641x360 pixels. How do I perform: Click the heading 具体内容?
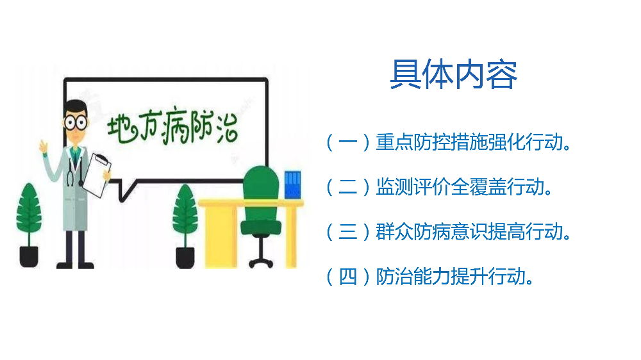pyautogui.click(x=453, y=75)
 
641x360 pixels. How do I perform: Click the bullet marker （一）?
pyautogui.click(x=348, y=143)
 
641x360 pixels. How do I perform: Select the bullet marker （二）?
pyautogui.click(x=348, y=188)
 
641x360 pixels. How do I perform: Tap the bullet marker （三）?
pyautogui.click(x=348, y=232)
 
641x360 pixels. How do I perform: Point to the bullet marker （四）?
pyautogui.click(x=348, y=277)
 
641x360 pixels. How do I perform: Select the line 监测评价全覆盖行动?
pyautogui.click(x=464, y=188)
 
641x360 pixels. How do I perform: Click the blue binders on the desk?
pyautogui.click(x=292, y=185)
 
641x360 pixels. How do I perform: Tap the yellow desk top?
pyautogui.click(x=250, y=203)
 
